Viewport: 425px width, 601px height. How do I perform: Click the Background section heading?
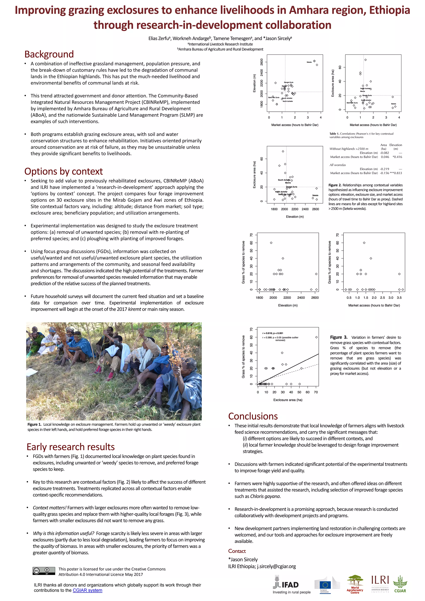[x=49, y=54]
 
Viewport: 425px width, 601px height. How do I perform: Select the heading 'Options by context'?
[x=63, y=171]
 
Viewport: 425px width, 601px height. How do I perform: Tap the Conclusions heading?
[x=253, y=416]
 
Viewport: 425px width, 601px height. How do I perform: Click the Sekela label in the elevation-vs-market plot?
[x=309, y=62]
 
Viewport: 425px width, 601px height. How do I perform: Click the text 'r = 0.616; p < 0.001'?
[x=273, y=333]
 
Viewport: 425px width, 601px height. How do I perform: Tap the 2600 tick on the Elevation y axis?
[x=262, y=62]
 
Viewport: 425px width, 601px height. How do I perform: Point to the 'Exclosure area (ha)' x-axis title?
[x=288, y=400]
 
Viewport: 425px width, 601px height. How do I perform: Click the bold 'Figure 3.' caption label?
[x=339, y=337]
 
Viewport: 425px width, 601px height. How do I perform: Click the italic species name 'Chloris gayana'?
[x=265, y=496]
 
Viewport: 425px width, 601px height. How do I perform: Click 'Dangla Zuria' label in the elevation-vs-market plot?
[x=288, y=82]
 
